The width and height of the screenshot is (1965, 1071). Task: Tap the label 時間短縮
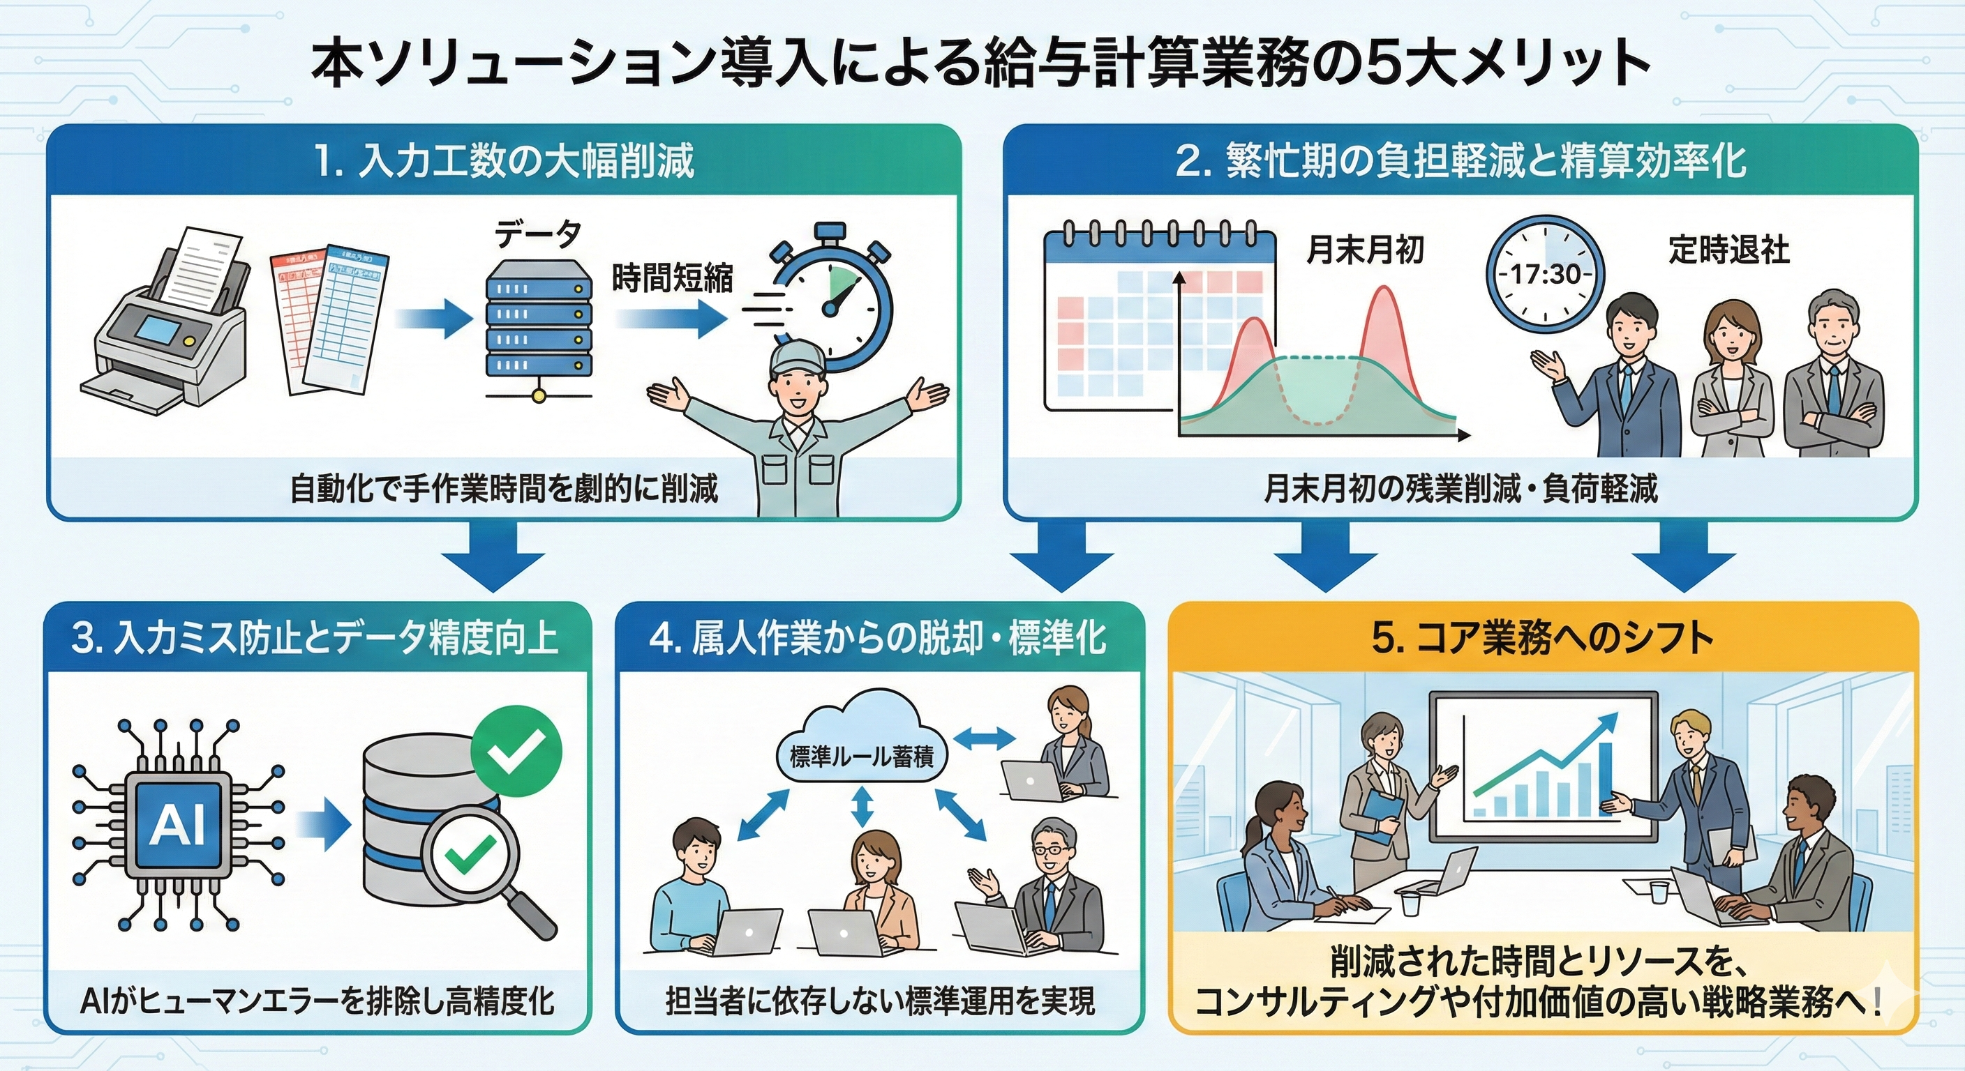(x=672, y=278)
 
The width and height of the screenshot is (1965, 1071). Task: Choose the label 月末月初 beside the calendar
(x=1366, y=248)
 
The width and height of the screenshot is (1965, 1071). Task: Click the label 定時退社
(x=1728, y=249)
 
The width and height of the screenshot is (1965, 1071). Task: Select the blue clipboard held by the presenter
(x=1384, y=815)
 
